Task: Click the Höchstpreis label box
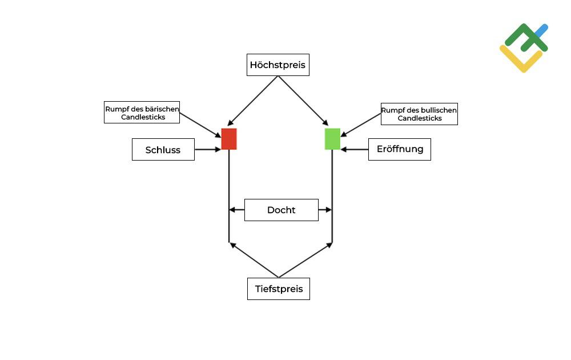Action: [x=278, y=65]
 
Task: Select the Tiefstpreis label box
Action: [x=279, y=289]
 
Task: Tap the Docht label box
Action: [x=281, y=210]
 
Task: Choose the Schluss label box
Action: [x=163, y=150]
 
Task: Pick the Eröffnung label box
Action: [x=400, y=149]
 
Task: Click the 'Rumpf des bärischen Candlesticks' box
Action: [x=142, y=112]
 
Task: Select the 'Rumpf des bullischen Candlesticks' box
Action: [x=419, y=114]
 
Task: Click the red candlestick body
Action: [x=229, y=139]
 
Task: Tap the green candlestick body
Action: [x=332, y=139]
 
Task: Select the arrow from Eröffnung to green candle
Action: [x=355, y=150]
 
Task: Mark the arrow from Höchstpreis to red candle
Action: [x=253, y=101]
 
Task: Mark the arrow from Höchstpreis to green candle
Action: [x=303, y=101]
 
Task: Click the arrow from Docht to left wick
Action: [x=237, y=210]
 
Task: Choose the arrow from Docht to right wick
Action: [x=325, y=210]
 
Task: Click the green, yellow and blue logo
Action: [x=524, y=47]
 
